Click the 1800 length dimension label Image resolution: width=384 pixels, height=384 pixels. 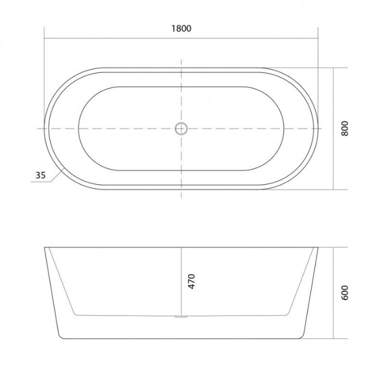click(181, 29)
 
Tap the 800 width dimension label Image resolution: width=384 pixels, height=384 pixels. click(345, 128)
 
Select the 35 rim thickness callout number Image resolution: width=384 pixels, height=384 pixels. click(41, 175)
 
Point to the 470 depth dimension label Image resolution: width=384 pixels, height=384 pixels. click(192, 282)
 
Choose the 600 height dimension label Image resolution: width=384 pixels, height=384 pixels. click(345, 292)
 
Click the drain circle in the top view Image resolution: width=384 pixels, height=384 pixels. click(181, 128)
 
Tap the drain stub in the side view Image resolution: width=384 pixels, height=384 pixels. click(181, 317)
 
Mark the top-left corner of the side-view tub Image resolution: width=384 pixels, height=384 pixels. click(44, 247)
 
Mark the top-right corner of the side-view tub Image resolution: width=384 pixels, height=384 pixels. click(318, 247)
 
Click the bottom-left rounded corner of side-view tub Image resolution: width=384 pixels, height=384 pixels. click(61, 337)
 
